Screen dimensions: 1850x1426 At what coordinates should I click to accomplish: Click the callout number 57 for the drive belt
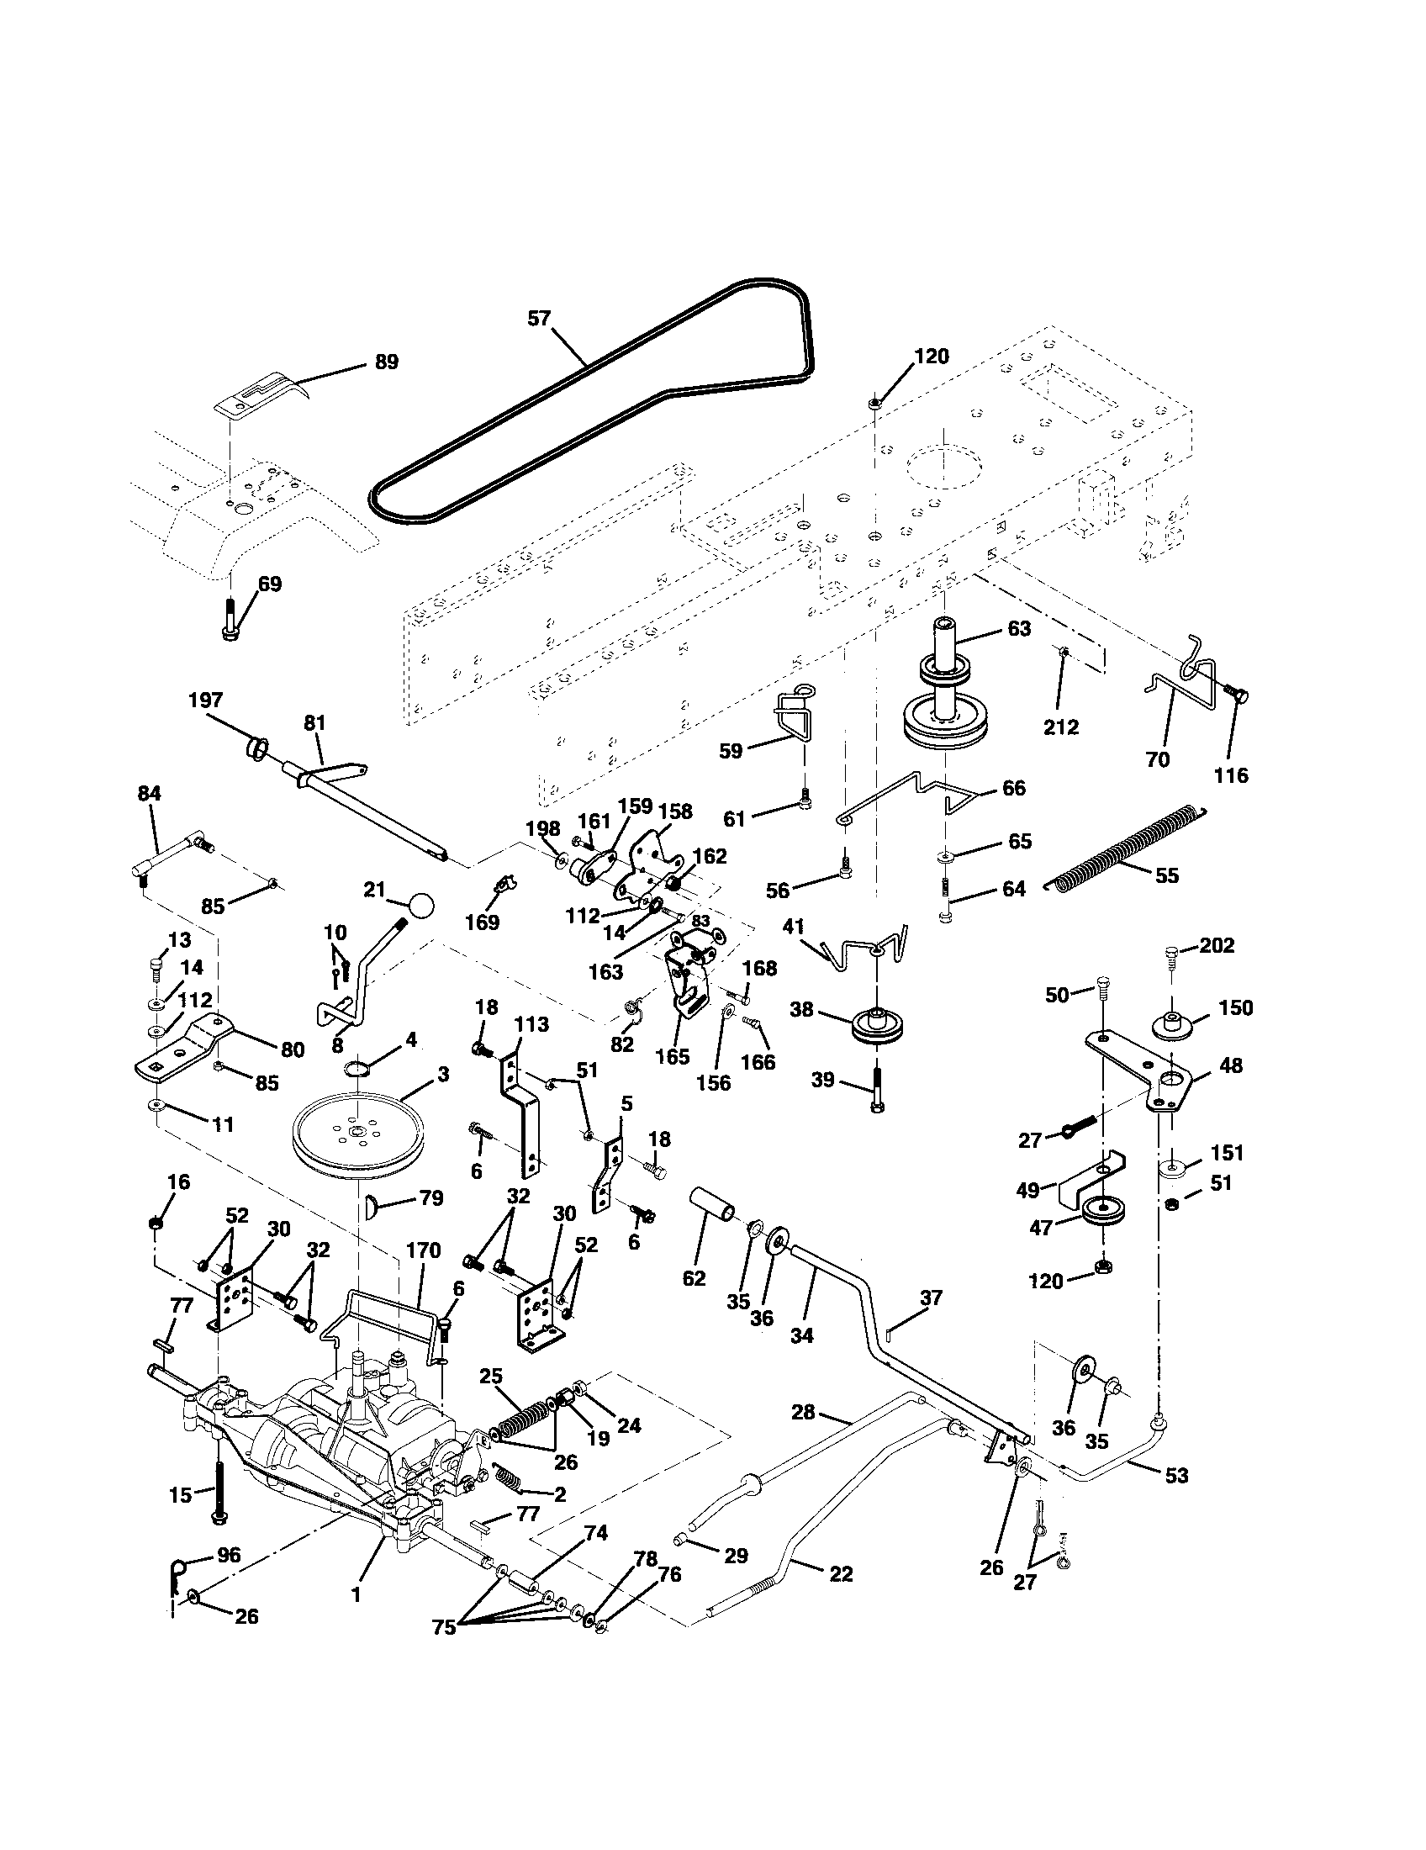[539, 319]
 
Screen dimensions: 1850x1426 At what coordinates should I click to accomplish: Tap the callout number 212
[1061, 727]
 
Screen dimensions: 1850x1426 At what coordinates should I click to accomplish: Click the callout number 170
[424, 1250]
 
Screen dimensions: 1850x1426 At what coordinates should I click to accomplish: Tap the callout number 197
[206, 700]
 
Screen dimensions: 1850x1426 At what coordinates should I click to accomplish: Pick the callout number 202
[1217, 945]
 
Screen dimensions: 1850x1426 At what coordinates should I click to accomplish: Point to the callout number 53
[1176, 1475]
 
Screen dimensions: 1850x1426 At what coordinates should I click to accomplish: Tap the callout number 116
[1230, 774]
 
